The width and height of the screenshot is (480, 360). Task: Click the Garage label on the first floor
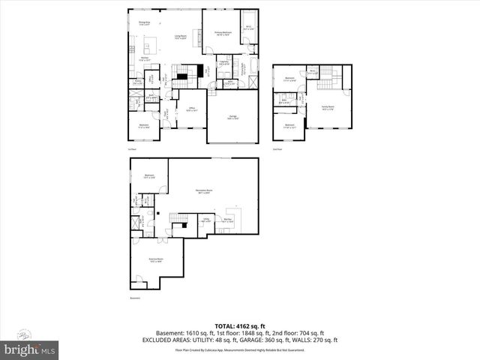click(x=233, y=118)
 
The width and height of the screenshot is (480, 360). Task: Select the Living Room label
click(x=181, y=37)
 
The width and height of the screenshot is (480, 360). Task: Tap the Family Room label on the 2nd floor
click(x=328, y=108)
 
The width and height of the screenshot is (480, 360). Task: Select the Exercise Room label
click(x=156, y=260)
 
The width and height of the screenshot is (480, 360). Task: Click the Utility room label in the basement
click(x=205, y=220)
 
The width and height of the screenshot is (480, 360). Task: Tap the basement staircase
click(x=178, y=217)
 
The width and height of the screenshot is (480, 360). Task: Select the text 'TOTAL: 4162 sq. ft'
click(x=239, y=326)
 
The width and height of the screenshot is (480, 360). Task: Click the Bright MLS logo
click(x=30, y=350)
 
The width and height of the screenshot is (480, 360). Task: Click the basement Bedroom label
click(x=149, y=177)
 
